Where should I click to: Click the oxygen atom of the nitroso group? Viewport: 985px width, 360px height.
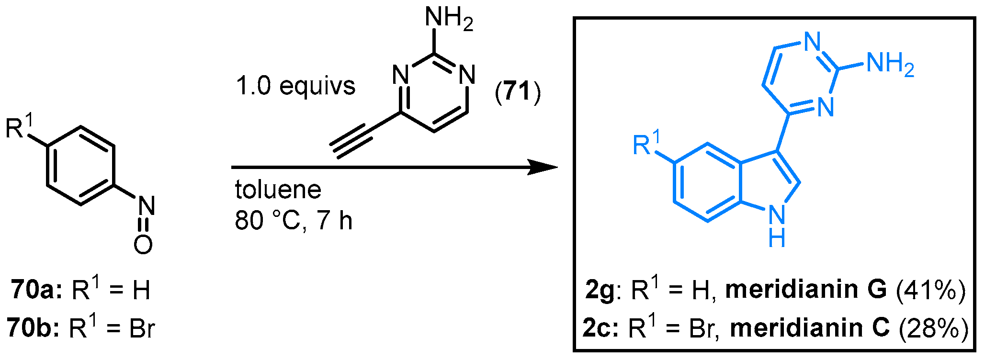tap(143, 245)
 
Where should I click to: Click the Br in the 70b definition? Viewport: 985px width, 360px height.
tap(142, 329)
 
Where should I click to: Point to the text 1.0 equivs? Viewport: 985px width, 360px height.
tap(295, 86)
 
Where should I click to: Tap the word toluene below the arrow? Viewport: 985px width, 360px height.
tap(278, 190)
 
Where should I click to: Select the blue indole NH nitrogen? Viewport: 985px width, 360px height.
tap(777, 214)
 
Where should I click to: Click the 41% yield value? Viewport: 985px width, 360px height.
tap(930, 290)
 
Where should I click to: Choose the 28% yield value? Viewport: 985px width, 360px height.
tap(933, 328)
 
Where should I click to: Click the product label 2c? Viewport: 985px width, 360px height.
tap(600, 328)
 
